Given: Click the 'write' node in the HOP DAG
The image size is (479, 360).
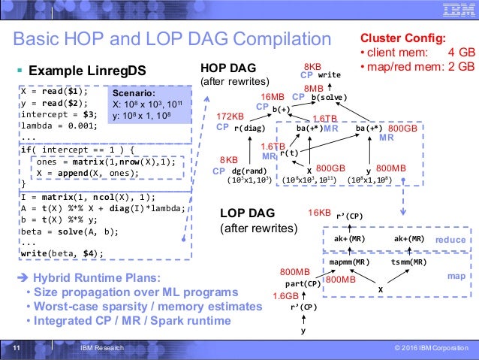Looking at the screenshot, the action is tap(330, 76).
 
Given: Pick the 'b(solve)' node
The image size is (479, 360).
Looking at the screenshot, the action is tap(329, 98).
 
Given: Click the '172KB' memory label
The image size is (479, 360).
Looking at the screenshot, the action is tap(229, 116).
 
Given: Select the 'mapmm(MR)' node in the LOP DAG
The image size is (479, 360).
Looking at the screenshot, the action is tap(349, 262).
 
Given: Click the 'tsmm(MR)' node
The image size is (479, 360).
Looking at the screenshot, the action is tap(409, 262).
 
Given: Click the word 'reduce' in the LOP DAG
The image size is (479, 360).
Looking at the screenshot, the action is tap(450, 239).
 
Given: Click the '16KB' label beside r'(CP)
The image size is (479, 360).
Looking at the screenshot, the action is tap(320, 213).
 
